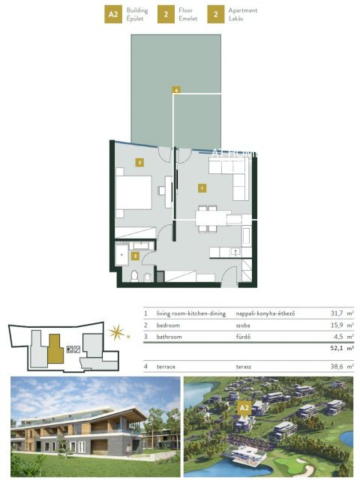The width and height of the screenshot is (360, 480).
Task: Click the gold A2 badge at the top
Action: (x=113, y=14)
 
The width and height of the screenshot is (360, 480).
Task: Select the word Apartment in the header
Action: (x=242, y=10)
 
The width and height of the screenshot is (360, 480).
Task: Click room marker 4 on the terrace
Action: (x=175, y=90)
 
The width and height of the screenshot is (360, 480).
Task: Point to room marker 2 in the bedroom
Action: (x=139, y=161)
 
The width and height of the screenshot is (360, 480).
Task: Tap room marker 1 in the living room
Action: (x=201, y=186)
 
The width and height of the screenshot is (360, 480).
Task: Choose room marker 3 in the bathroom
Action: (x=134, y=255)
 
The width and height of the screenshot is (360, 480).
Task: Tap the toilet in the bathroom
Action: (x=134, y=277)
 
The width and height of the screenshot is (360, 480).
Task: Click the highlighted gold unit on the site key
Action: (x=53, y=348)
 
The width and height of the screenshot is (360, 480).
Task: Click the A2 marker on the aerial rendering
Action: (x=244, y=408)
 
